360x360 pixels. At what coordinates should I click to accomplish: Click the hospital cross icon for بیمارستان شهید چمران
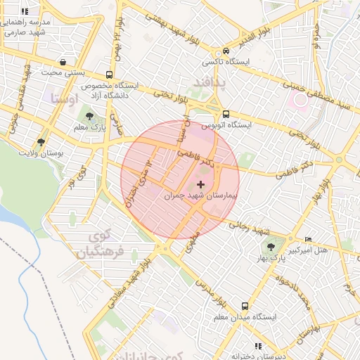click(x=202, y=184)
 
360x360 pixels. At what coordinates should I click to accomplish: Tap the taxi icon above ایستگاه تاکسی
click(x=225, y=51)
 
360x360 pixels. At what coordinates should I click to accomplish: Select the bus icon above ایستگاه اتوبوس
click(x=225, y=114)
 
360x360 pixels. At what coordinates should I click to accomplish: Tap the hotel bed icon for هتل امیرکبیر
click(x=308, y=240)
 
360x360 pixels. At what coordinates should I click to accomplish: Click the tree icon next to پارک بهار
click(x=271, y=247)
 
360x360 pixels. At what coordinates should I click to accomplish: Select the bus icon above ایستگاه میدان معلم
click(x=245, y=306)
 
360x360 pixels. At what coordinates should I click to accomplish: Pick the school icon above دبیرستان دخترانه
click(x=258, y=347)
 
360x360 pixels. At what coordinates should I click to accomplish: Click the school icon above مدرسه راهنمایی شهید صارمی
click(x=25, y=12)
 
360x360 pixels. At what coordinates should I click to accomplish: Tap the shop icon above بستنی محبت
click(x=65, y=60)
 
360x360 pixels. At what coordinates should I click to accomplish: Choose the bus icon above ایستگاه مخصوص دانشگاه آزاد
click(x=108, y=75)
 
